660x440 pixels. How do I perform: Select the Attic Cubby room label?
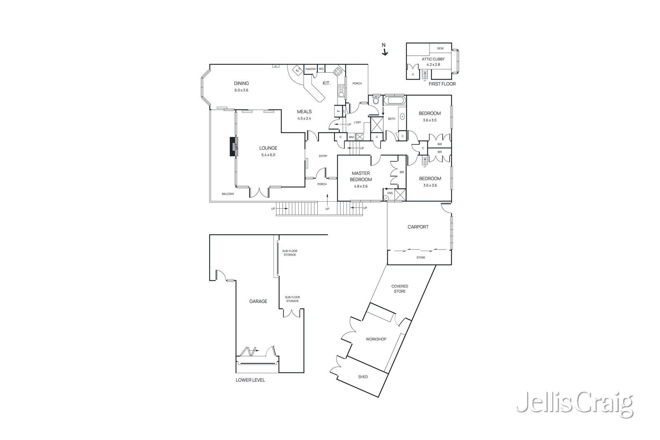click(x=433, y=59)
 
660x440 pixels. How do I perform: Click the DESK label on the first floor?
click(x=440, y=48)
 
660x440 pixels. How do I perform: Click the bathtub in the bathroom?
click(x=395, y=100)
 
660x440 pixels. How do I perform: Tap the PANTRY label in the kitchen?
click(x=311, y=69)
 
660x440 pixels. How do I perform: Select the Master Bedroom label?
click(x=361, y=176)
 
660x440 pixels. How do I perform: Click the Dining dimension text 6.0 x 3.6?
click(x=241, y=90)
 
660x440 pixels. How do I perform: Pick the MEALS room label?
click(x=304, y=112)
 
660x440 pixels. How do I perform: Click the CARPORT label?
click(x=418, y=227)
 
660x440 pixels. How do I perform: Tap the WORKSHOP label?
click(x=376, y=339)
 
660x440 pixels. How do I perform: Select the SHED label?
click(x=363, y=377)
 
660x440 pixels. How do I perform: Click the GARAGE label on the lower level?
click(x=258, y=301)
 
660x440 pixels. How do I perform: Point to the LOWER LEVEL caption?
click(x=250, y=380)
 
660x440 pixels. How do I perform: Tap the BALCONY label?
click(x=228, y=194)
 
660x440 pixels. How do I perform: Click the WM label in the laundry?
click(x=351, y=137)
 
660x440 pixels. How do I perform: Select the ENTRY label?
click(x=323, y=156)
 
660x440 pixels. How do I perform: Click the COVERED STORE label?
click(x=399, y=289)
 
